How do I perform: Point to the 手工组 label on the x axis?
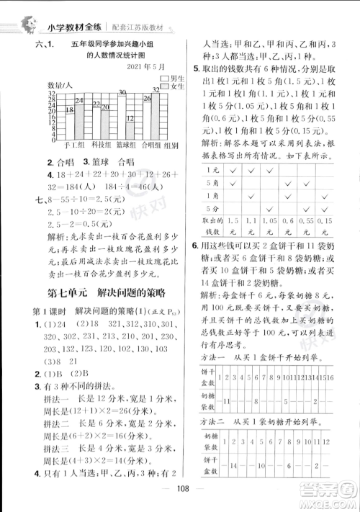74,144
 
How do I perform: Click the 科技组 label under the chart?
99,144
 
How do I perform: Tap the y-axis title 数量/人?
59,86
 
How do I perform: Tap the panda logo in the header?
30,24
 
